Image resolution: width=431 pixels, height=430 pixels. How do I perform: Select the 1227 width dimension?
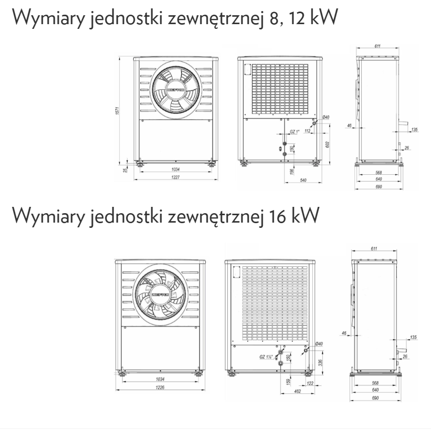click(x=174, y=177)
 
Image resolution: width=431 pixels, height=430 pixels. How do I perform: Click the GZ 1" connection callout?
click(x=294, y=132)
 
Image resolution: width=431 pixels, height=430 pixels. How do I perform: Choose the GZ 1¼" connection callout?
click(x=267, y=357)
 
